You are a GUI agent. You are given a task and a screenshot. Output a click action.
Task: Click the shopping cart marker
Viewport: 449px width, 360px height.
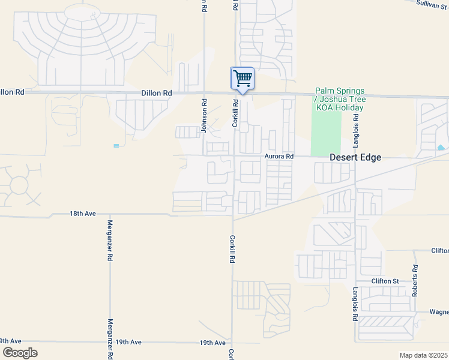tap(243, 79)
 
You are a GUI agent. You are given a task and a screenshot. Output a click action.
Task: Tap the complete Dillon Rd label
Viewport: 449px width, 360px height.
tap(157, 93)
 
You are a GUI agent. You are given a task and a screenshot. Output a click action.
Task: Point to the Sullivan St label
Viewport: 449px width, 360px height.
tap(432, 4)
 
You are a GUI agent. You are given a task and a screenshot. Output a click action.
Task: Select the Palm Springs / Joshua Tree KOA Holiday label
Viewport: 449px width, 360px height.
tap(340, 99)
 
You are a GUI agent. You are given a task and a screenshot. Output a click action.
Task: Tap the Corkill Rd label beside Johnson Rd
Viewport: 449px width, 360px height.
tap(236, 113)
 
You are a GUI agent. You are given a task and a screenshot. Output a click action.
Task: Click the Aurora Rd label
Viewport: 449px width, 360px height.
tap(279, 156)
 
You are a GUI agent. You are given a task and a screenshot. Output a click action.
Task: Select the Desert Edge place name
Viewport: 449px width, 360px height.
tap(355, 158)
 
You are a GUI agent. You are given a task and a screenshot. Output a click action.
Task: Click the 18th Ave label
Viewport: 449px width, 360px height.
tap(83, 214)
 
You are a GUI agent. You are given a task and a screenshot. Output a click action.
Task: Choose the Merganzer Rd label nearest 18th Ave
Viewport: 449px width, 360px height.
tap(110, 240)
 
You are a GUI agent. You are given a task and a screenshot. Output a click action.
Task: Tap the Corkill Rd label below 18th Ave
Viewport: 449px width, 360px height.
tap(232, 249)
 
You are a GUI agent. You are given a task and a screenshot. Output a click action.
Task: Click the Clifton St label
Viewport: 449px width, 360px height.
tap(385, 281)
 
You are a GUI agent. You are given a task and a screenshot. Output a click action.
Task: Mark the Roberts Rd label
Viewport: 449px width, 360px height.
tap(414, 282)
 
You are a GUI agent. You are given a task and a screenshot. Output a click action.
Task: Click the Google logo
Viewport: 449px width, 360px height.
tap(20, 352)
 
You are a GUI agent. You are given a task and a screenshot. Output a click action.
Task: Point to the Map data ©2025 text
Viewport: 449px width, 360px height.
tap(423, 355)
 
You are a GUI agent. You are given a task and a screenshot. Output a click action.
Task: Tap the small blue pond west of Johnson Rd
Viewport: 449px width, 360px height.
tap(116, 145)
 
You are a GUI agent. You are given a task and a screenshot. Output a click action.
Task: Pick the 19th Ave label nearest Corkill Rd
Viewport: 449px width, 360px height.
tap(212, 342)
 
